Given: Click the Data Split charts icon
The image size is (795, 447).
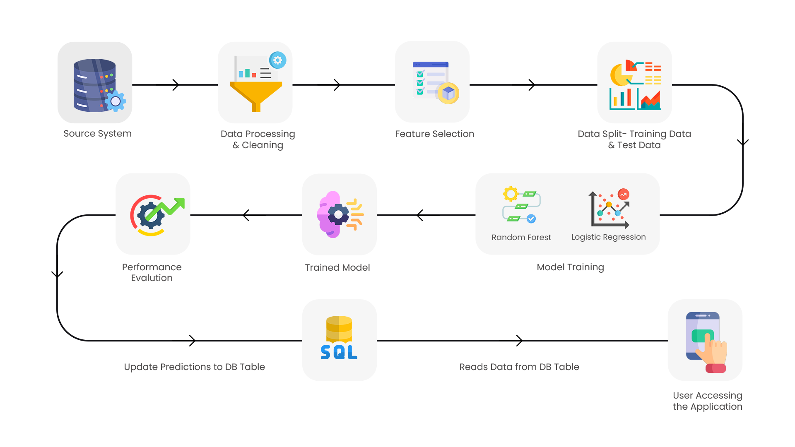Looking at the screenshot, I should tap(635, 85).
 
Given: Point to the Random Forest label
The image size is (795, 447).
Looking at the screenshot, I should tap(521, 238).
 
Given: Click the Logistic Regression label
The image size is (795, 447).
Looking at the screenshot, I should tap(608, 237).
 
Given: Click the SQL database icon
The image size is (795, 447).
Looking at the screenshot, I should tap(339, 339).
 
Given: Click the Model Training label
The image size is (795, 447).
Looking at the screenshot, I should tap(570, 267).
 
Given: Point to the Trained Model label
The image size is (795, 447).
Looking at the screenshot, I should tap(337, 268).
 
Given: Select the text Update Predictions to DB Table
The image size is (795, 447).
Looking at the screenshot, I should tap(194, 367).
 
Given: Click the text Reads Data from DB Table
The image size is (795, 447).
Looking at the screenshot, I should tap(519, 367).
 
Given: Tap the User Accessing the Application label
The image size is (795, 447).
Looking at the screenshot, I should tap(707, 401).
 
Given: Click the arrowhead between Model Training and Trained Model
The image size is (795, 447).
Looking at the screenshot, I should tap(420, 215).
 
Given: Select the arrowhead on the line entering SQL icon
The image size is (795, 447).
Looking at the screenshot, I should tap(192, 341).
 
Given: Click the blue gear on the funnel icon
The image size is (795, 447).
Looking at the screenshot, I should tap(277, 60).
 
